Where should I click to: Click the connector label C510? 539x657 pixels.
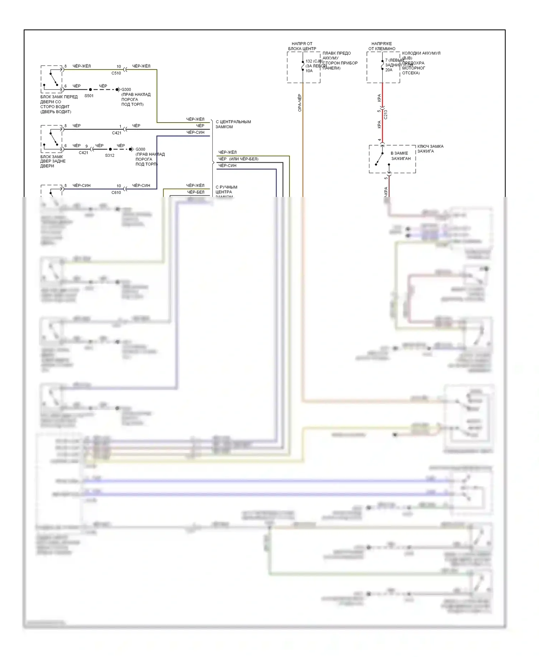[116, 73]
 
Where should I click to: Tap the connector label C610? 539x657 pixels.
[116, 192]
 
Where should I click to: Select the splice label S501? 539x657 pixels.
[89, 96]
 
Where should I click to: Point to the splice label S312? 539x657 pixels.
[110, 155]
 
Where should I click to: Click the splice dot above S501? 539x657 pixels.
[90, 89]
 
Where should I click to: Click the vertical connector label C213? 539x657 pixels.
[386, 114]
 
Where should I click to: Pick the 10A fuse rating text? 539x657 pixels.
[309, 71]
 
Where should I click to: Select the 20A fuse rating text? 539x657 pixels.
[389, 70]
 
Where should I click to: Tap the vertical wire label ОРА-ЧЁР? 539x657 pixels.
[300, 103]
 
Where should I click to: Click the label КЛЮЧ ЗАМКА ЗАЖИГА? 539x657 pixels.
[430, 149]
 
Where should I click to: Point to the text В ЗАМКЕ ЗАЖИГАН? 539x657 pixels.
[401, 156]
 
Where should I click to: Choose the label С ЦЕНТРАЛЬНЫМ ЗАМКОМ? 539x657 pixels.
[233, 124]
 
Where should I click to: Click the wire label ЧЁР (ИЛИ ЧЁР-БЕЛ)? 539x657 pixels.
[238, 159]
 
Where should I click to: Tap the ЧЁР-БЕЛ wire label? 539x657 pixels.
[195, 192]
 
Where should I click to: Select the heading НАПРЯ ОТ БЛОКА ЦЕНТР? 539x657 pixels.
[302, 46]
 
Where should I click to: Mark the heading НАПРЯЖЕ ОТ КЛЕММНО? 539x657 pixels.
[382, 46]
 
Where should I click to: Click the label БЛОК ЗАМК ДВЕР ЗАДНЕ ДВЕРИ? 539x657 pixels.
[52, 161]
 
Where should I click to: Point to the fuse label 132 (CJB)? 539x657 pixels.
[314, 61]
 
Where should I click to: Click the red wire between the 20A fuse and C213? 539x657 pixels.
[382, 93]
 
